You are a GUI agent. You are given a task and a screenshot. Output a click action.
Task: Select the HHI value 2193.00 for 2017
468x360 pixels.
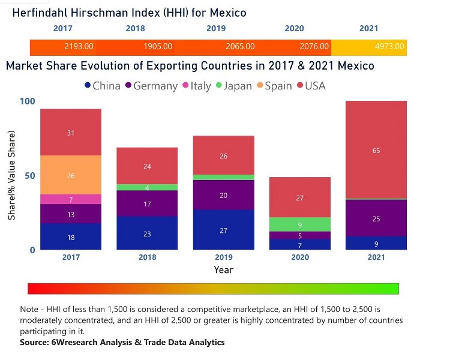pyautogui.click(x=79, y=46)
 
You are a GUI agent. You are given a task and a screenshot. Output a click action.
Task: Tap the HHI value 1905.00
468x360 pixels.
pyautogui.click(x=158, y=46)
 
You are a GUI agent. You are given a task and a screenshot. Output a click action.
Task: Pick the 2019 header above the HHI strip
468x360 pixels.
pyautogui.click(x=216, y=28)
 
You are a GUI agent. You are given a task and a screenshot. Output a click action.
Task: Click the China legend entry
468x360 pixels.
pyautogui.click(x=102, y=86)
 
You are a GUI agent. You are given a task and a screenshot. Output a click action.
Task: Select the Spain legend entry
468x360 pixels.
pyautogui.click(x=272, y=86)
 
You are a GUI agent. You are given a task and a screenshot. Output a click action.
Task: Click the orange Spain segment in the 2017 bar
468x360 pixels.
pyautogui.click(x=71, y=175)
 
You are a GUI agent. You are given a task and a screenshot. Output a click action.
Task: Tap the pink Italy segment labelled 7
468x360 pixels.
pyautogui.click(x=71, y=199)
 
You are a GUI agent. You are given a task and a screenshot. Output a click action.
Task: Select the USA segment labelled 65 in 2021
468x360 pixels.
pyautogui.click(x=376, y=150)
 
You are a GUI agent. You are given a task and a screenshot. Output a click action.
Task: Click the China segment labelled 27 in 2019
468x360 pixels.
pyautogui.click(x=223, y=230)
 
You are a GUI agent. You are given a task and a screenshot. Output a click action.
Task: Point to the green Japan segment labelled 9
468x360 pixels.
pyautogui.click(x=300, y=224)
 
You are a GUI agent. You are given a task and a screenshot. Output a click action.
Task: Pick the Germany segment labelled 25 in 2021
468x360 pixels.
pyautogui.click(x=376, y=218)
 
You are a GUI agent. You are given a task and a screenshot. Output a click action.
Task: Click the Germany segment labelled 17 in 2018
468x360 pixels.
pyautogui.click(x=147, y=203)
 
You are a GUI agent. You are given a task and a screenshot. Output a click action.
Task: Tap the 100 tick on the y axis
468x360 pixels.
pyautogui.click(x=28, y=101)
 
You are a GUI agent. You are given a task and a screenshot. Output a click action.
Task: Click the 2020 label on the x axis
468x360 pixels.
pyautogui.click(x=300, y=257)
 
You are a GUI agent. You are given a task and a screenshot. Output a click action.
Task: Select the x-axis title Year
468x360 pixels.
pyautogui.click(x=223, y=270)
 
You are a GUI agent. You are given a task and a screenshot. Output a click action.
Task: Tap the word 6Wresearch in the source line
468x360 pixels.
pyautogui.click(x=79, y=342)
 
